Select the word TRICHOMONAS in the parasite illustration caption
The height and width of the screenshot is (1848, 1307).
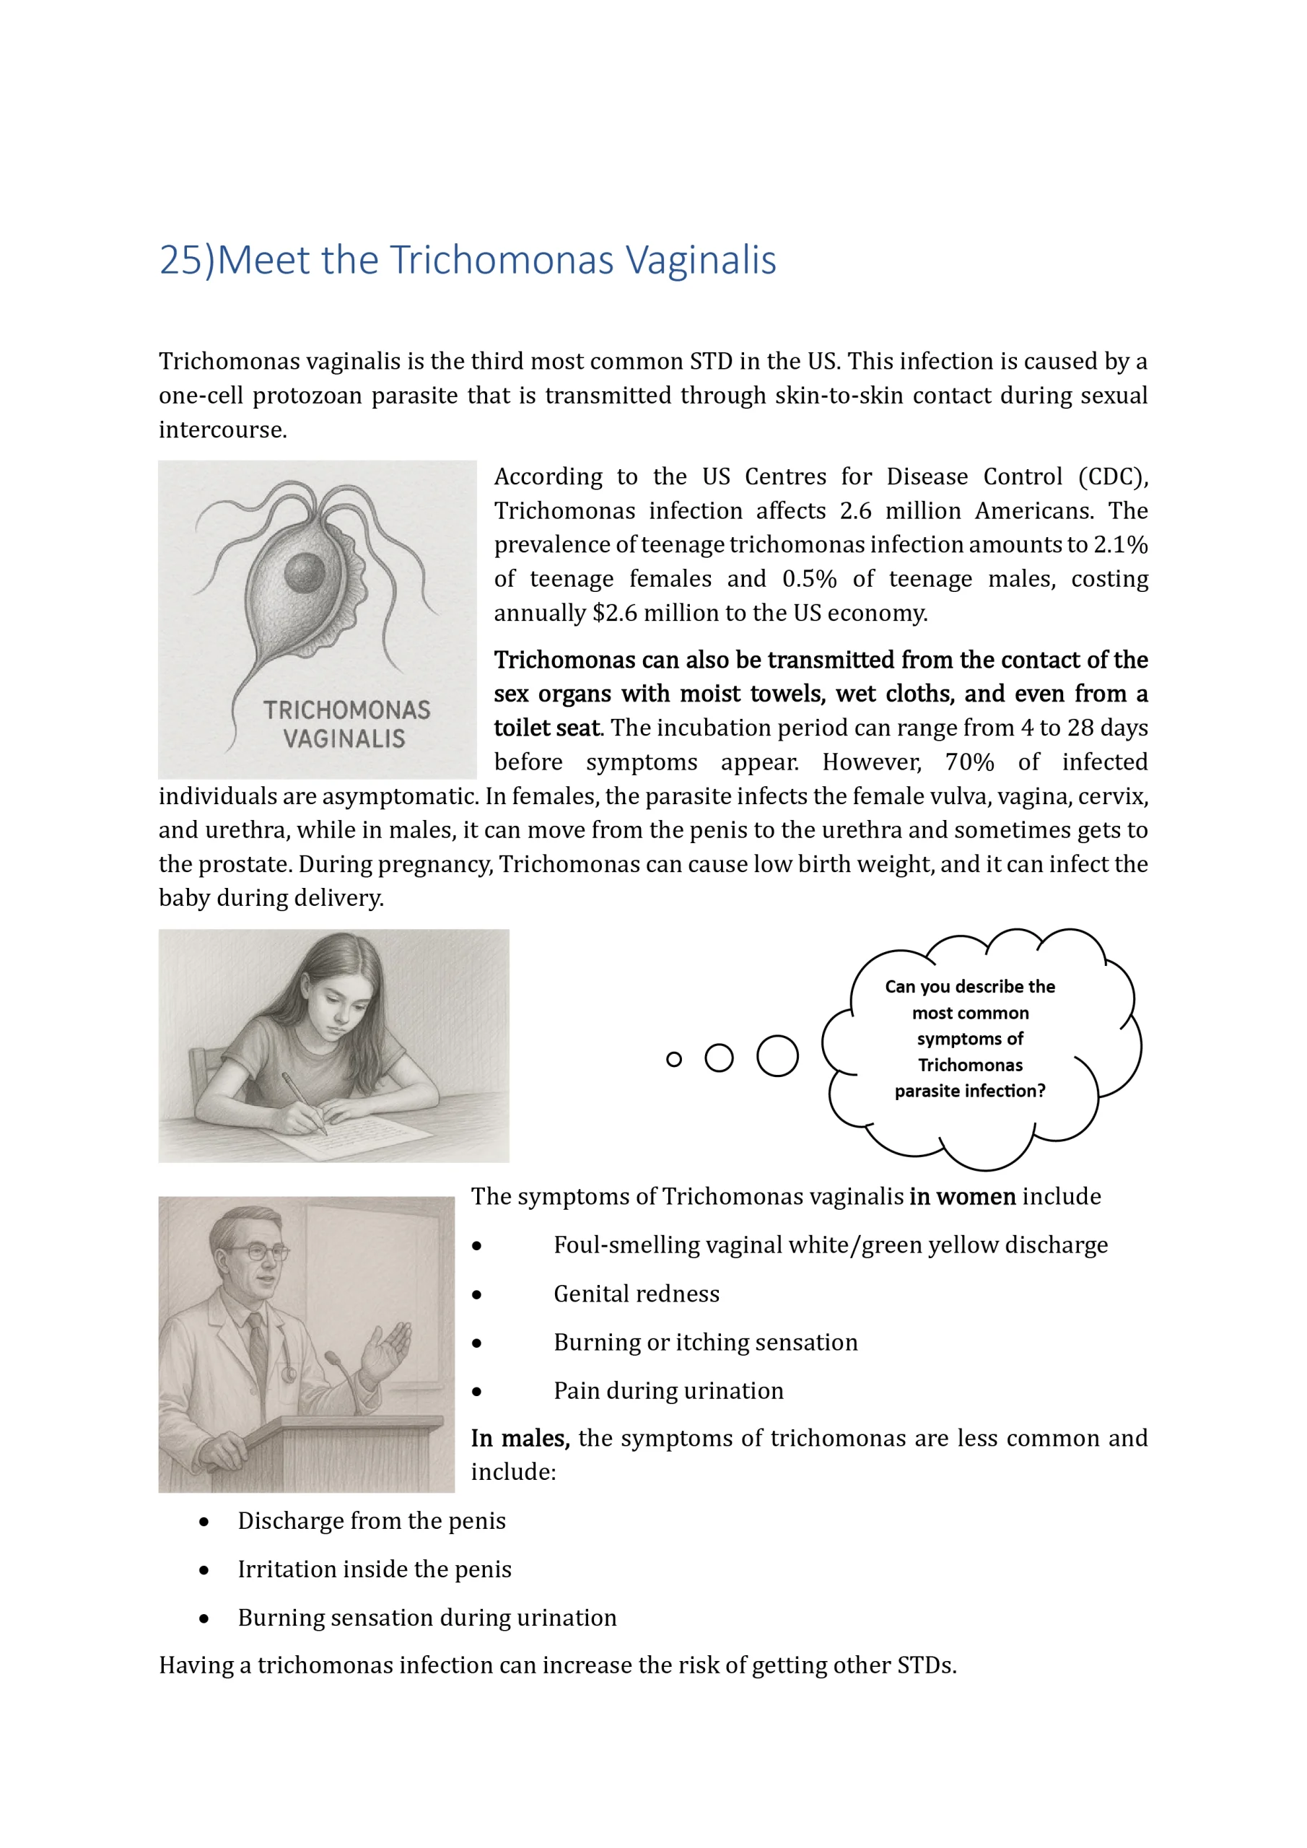click(x=346, y=710)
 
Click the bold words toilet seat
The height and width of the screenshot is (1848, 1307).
click(x=547, y=728)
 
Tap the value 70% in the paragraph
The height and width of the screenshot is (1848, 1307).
click(x=969, y=762)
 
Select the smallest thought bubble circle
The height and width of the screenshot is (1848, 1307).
click(x=674, y=1059)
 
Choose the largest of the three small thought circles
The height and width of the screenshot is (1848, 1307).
click(x=777, y=1056)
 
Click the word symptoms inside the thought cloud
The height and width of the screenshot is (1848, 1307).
click(x=970, y=1039)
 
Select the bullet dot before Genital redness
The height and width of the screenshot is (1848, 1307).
click(x=477, y=1295)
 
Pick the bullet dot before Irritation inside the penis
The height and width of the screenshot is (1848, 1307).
click(x=204, y=1570)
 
